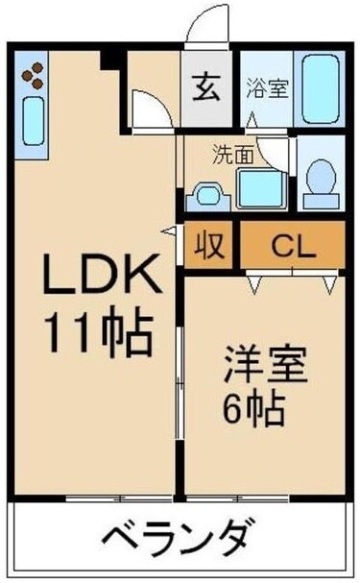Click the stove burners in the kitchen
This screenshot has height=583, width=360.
(34, 73)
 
